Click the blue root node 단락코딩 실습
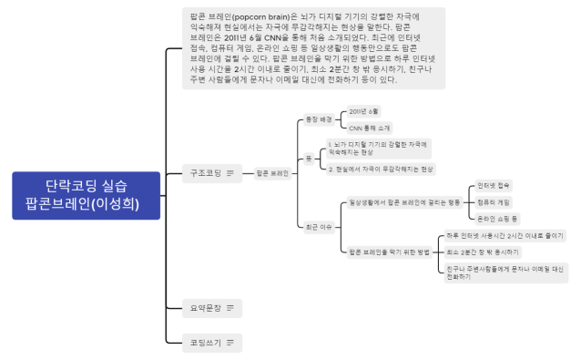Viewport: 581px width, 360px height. pyautogui.click(x=87, y=194)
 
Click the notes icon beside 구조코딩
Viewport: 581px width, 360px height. pyautogui.click(x=230, y=171)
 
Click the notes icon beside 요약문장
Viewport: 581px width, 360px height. pyautogui.click(x=230, y=308)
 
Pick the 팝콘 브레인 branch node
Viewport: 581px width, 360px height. pyautogui.click(x=272, y=171)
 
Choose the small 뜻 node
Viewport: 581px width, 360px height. pyautogui.click(x=309, y=157)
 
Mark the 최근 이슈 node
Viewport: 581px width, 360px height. pyautogui.click(x=318, y=226)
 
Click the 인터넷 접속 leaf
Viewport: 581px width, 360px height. pyautogui.click(x=493, y=186)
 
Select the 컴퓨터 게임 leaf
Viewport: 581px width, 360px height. pyautogui.click(x=493, y=202)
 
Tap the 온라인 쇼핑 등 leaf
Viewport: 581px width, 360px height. pyautogui.click(x=496, y=219)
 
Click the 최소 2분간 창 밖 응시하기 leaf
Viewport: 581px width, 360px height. pyautogui.click(x=483, y=252)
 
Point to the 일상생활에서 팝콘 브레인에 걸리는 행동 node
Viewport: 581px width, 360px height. pyautogui.click(x=405, y=202)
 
